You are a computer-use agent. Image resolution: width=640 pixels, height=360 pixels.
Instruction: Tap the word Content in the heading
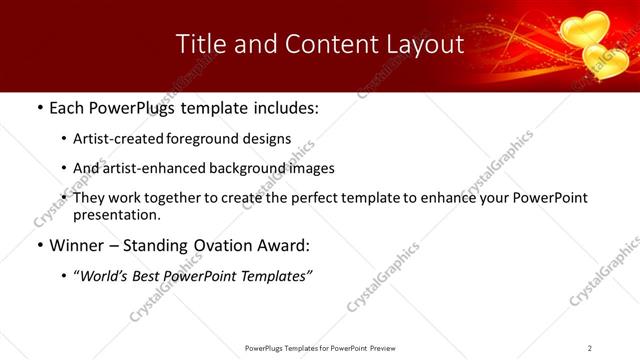[x=322, y=44]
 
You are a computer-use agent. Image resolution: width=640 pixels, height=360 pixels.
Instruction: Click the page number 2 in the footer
[x=590, y=347]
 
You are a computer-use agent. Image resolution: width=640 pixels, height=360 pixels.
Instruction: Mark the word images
[x=310, y=169]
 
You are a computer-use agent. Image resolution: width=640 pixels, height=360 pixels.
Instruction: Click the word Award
[x=285, y=246]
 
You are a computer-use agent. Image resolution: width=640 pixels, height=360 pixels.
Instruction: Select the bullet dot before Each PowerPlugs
[x=39, y=107]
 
